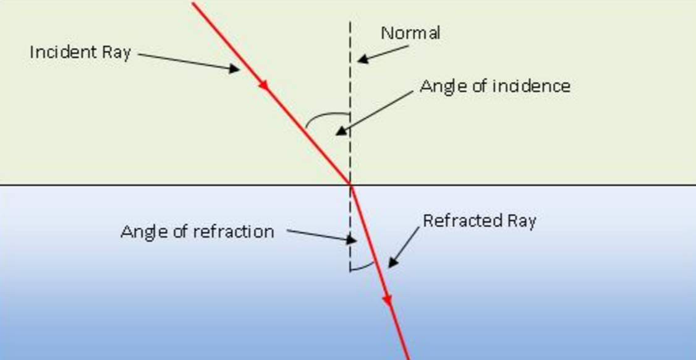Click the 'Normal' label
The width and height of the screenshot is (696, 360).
tap(410, 33)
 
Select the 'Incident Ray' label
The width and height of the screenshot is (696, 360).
tap(80, 53)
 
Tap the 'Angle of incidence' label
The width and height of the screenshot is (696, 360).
tap(494, 86)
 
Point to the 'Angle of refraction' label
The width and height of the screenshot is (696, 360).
tap(197, 232)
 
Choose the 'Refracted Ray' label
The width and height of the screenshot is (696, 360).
tap(479, 221)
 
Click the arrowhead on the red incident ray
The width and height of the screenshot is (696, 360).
tap(265, 87)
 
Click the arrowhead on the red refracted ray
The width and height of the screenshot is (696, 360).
tap(388, 299)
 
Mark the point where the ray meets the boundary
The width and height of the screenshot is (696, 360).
tap(350, 185)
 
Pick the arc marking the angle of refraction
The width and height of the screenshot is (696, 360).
tap(363, 268)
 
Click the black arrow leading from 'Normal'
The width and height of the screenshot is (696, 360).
tap(377, 53)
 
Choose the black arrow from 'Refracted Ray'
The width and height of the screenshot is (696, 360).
tap(405, 247)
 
